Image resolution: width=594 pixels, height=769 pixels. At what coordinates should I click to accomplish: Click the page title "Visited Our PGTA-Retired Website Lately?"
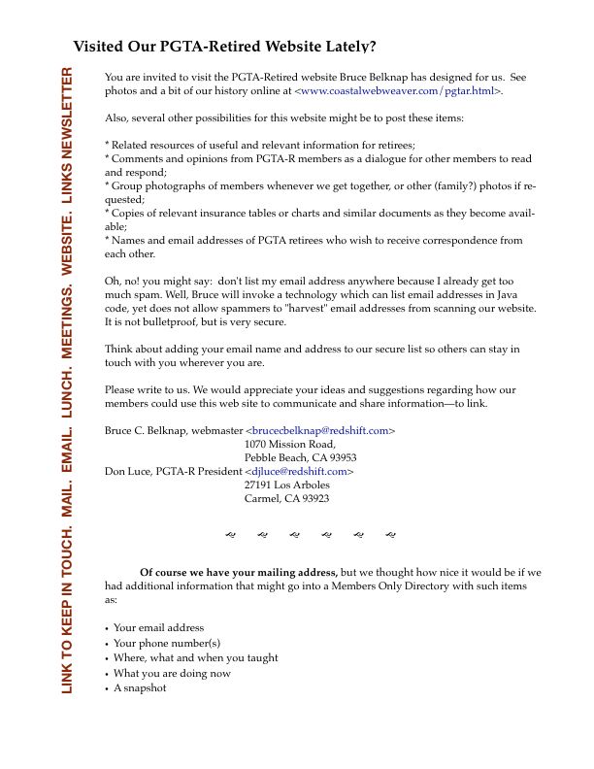point(224,46)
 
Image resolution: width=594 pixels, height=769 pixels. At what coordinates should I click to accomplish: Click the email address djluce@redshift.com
point(299,471)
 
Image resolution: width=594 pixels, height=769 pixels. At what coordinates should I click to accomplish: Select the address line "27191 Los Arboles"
point(287,485)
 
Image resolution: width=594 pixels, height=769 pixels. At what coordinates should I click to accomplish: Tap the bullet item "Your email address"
point(158,627)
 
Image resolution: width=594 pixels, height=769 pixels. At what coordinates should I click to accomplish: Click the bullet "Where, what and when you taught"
point(195,657)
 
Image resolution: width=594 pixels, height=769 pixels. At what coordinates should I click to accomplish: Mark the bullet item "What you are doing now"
point(172,673)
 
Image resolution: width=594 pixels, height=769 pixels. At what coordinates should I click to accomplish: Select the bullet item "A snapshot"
point(140,687)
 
